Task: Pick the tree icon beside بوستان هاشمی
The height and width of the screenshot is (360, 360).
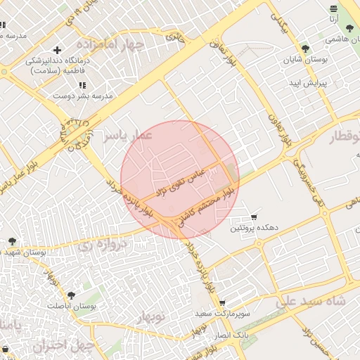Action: pos(349,28)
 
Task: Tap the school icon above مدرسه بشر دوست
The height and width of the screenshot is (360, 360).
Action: pos(82,85)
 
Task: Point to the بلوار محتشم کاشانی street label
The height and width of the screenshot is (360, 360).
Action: pos(210,209)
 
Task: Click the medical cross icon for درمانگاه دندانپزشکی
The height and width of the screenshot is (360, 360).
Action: pos(56,49)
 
